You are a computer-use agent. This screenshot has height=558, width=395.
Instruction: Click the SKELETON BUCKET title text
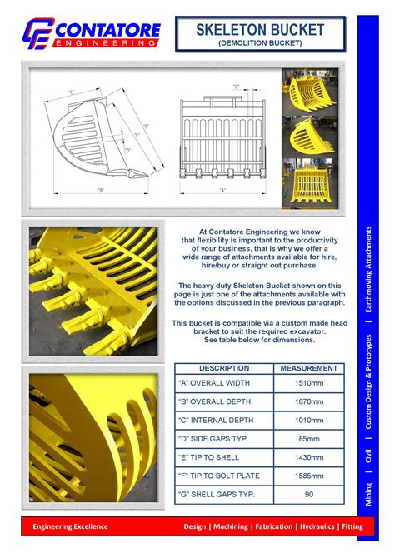coord(260,30)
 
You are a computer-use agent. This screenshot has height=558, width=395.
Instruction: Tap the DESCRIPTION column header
coord(224,367)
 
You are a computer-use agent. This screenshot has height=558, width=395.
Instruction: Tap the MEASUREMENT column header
coord(308,367)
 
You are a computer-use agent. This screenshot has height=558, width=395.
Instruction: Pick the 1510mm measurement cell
coord(308,384)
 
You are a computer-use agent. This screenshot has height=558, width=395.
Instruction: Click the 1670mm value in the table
coord(308,401)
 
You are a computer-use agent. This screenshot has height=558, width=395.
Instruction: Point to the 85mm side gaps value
coord(308,438)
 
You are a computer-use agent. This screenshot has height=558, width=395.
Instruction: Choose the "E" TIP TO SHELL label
coord(209,457)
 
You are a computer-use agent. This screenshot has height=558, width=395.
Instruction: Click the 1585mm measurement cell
coord(308,476)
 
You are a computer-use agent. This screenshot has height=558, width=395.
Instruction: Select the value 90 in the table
coord(308,494)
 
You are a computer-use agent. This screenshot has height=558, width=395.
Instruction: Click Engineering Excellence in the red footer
coord(71,526)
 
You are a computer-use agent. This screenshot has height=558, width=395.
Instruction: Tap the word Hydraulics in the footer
coord(307,526)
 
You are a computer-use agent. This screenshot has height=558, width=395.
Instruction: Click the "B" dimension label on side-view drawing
coord(100,191)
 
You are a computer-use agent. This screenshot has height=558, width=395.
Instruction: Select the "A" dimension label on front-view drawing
coord(222,191)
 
